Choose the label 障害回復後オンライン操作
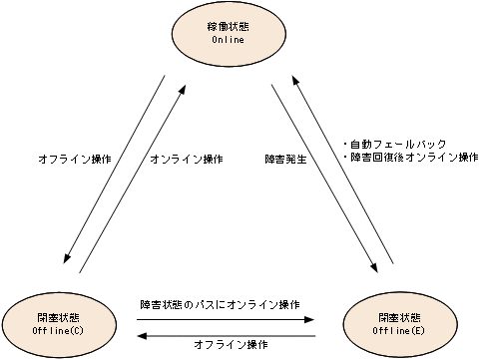point(410,158)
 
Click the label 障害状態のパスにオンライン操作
point(221,304)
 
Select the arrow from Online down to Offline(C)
point(111,171)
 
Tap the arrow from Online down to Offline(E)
point(325,178)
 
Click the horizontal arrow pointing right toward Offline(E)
point(225,319)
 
